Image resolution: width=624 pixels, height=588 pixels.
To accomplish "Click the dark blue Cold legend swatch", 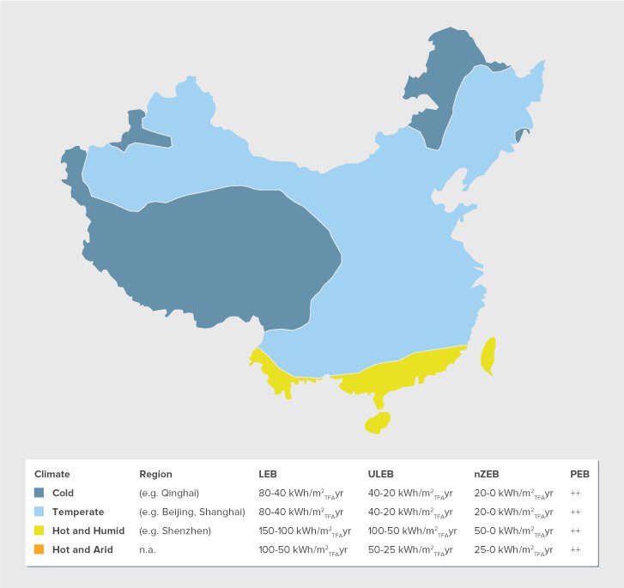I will tap(39, 493).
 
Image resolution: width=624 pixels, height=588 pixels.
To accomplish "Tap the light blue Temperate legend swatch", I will tap(39, 512).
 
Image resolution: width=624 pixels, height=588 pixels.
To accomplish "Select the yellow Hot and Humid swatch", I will tap(39, 530).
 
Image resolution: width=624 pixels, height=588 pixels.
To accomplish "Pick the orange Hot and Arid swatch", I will tap(39, 549).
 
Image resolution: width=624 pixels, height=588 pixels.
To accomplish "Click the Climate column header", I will tap(51, 474).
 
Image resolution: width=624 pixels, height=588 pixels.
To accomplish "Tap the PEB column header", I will tap(579, 474).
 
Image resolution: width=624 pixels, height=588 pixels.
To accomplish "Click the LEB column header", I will tap(268, 474).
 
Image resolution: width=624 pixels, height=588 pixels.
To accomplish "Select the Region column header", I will tap(155, 474).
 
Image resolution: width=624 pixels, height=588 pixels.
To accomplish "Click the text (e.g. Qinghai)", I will tap(169, 493).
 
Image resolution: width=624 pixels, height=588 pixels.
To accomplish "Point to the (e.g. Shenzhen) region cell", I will tap(175, 530).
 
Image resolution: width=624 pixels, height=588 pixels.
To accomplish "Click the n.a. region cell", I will tap(147, 549).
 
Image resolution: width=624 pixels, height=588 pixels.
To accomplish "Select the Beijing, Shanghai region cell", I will tap(192, 512).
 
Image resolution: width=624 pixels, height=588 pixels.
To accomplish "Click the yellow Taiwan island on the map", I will tap(487, 355).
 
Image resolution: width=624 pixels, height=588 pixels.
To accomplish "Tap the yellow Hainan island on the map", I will tap(378, 421).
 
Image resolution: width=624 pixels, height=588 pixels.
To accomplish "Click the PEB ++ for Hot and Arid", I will tap(576, 549).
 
